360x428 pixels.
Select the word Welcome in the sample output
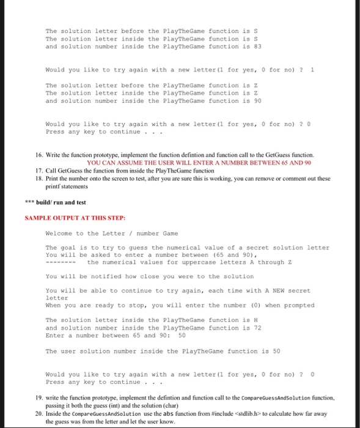[x=60, y=233]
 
